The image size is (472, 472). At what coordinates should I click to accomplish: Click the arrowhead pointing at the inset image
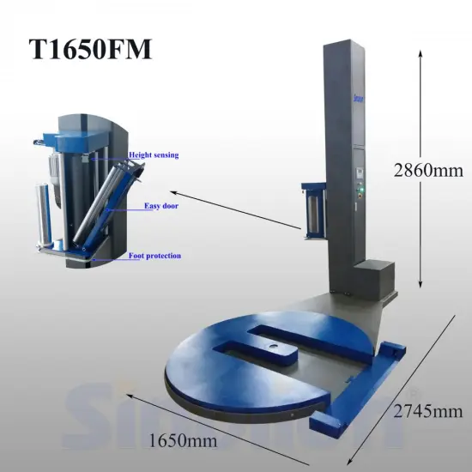click(x=171, y=192)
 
